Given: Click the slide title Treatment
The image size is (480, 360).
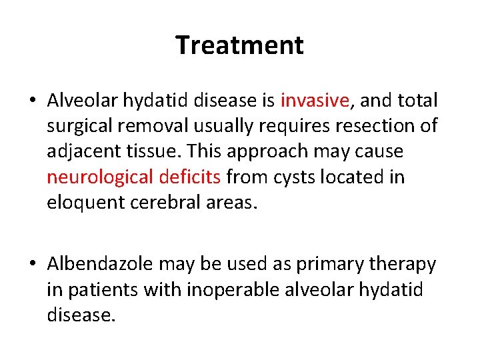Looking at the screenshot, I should pos(240,45).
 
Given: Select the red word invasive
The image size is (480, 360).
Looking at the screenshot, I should pos(315,101).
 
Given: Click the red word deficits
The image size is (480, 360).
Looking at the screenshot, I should pos(191,177).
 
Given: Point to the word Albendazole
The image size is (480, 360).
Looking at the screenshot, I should pos(100,265).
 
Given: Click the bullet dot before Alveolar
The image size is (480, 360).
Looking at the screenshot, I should pos(33,101).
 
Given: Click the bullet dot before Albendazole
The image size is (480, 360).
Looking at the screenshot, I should pos(33,265).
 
